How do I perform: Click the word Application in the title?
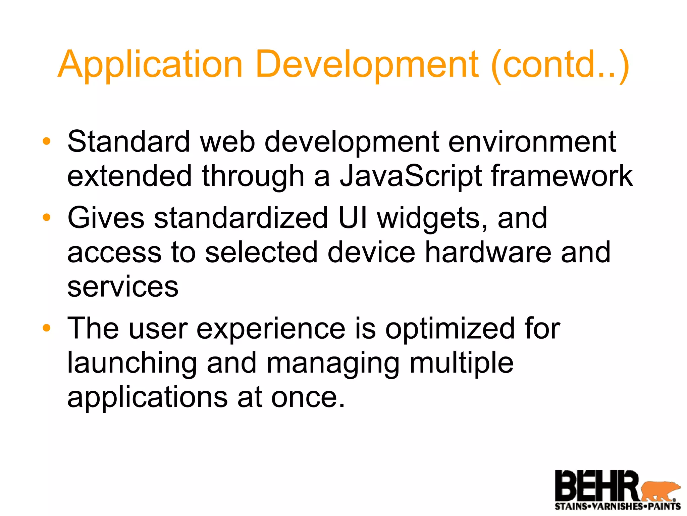tap(150, 64)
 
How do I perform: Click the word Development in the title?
tap(367, 64)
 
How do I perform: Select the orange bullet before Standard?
tap(47, 141)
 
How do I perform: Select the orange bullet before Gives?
tap(47, 218)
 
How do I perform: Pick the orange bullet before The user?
tap(47, 328)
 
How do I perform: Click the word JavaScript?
tap(411, 177)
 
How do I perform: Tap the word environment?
tap(532, 141)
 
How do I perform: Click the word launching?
tap(132, 363)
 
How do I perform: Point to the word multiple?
tap(461, 363)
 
